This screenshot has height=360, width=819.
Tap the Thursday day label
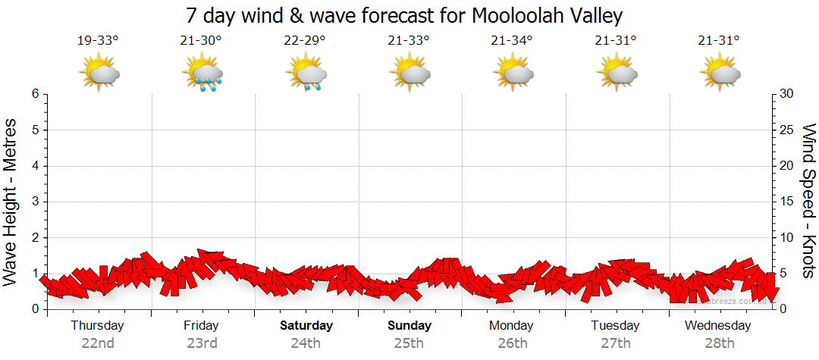point(97,326)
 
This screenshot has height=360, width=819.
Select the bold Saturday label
point(306,326)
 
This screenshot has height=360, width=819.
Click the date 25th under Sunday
point(409,343)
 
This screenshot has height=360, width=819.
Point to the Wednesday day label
point(717,326)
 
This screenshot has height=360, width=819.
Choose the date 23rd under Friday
point(202,343)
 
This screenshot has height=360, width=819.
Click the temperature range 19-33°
point(98,41)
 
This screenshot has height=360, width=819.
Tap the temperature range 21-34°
point(511,41)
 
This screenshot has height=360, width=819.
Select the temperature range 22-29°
point(305,41)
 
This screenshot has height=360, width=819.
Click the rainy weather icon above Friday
point(202,74)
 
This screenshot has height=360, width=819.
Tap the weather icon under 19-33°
point(99,72)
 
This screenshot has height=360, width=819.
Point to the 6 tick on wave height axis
point(35,94)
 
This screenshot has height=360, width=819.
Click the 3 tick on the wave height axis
point(35,202)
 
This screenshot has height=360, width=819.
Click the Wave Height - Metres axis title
point(13,201)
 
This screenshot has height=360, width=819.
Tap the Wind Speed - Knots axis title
point(808,201)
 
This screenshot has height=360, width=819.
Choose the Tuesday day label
point(615,326)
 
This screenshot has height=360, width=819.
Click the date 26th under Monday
point(513,343)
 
